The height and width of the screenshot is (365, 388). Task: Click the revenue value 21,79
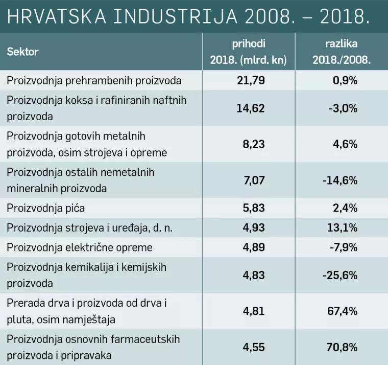click(x=251, y=81)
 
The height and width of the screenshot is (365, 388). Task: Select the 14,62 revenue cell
click(x=251, y=108)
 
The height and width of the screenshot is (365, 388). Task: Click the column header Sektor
click(x=22, y=52)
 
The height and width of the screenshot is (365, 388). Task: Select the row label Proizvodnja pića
click(x=45, y=209)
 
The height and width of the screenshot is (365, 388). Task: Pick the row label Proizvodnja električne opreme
click(x=80, y=247)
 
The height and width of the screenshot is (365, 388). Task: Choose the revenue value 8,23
click(x=254, y=145)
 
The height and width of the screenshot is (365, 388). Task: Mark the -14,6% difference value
click(x=339, y=180)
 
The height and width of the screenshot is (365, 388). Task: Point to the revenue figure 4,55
click(x=254, y=348)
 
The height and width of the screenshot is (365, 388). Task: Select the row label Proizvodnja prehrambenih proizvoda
click(x=94, y=81)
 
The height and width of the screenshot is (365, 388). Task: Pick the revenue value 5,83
click(x=254, y=209)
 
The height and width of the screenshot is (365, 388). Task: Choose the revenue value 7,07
click(x=254, y=180)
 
